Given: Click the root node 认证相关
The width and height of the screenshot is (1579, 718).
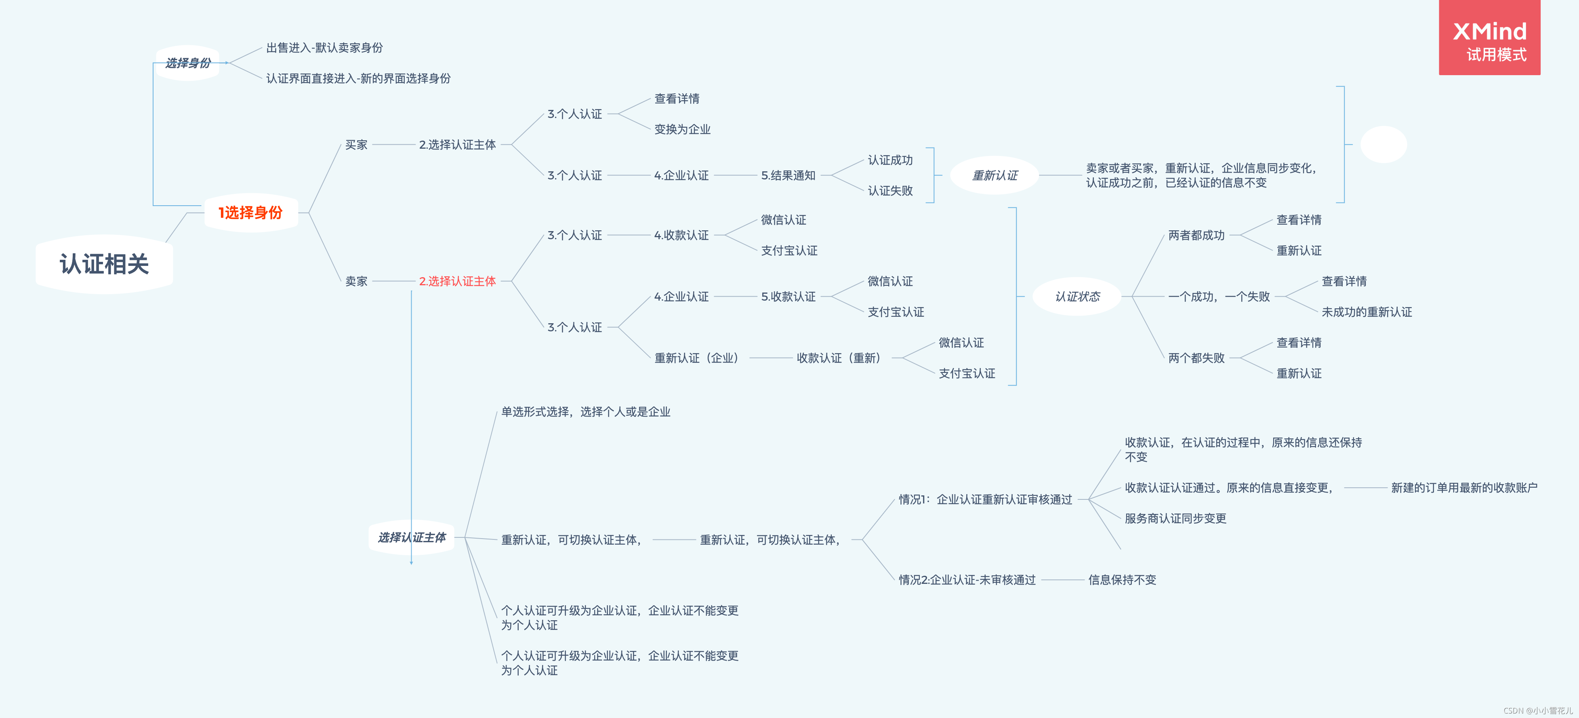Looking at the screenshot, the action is (104, 264).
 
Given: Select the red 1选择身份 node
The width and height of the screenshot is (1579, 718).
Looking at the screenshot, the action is (251, 213).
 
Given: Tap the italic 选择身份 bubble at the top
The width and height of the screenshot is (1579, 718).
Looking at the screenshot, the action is (187, 63).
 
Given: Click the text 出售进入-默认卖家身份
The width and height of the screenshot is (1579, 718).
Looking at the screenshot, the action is (324, 48).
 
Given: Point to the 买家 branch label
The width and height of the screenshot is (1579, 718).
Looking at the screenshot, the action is (356, 145).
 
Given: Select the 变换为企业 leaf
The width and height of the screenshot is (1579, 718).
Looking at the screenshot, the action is (682, 129).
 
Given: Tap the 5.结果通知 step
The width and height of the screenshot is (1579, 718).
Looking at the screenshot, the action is (788, 175).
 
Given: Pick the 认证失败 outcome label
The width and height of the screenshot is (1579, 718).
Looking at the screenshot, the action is (890, 191).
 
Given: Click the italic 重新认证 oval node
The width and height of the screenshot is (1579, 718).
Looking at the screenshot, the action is (994, 175).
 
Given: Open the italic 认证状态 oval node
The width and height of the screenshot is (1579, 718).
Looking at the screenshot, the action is (1077, 297).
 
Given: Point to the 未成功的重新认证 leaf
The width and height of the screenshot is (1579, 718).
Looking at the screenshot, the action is (1366, 312).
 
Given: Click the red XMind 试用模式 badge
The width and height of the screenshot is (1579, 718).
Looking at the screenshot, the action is (1489, 38).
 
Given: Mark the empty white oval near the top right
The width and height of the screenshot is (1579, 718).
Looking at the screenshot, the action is (1383, 145).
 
